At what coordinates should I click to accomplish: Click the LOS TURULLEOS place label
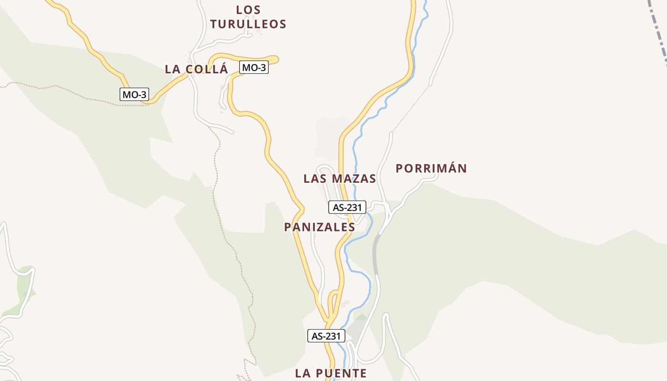pos(248,17)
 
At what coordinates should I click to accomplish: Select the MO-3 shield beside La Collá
pos(253,68)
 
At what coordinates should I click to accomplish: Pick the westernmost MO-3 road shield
pos(134,94)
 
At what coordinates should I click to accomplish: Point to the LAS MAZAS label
pos(340,179)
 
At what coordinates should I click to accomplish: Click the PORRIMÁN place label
pos(431,168)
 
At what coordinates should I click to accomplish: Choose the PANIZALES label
pos(320,227)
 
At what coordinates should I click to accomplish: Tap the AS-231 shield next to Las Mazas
pos(347,207)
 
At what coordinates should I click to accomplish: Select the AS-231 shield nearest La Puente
pos(326,336)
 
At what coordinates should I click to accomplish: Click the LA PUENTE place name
pos(331,373)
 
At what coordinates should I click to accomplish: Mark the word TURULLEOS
pos(248,24)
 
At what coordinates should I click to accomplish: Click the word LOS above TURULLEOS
pos(248,10)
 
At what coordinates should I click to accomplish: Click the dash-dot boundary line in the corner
pos(660,29)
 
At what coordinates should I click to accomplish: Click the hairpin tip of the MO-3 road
pos(276,59)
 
